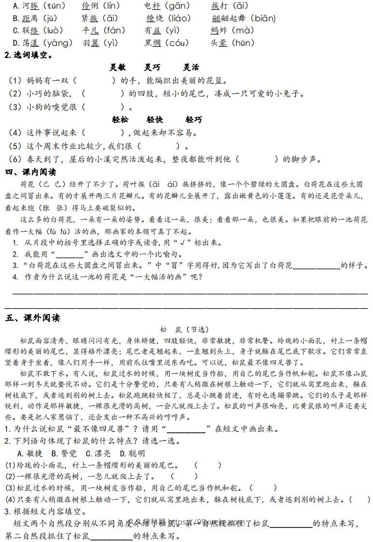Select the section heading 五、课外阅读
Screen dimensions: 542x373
click(32, 318)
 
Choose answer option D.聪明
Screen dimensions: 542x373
click(132, 453)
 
